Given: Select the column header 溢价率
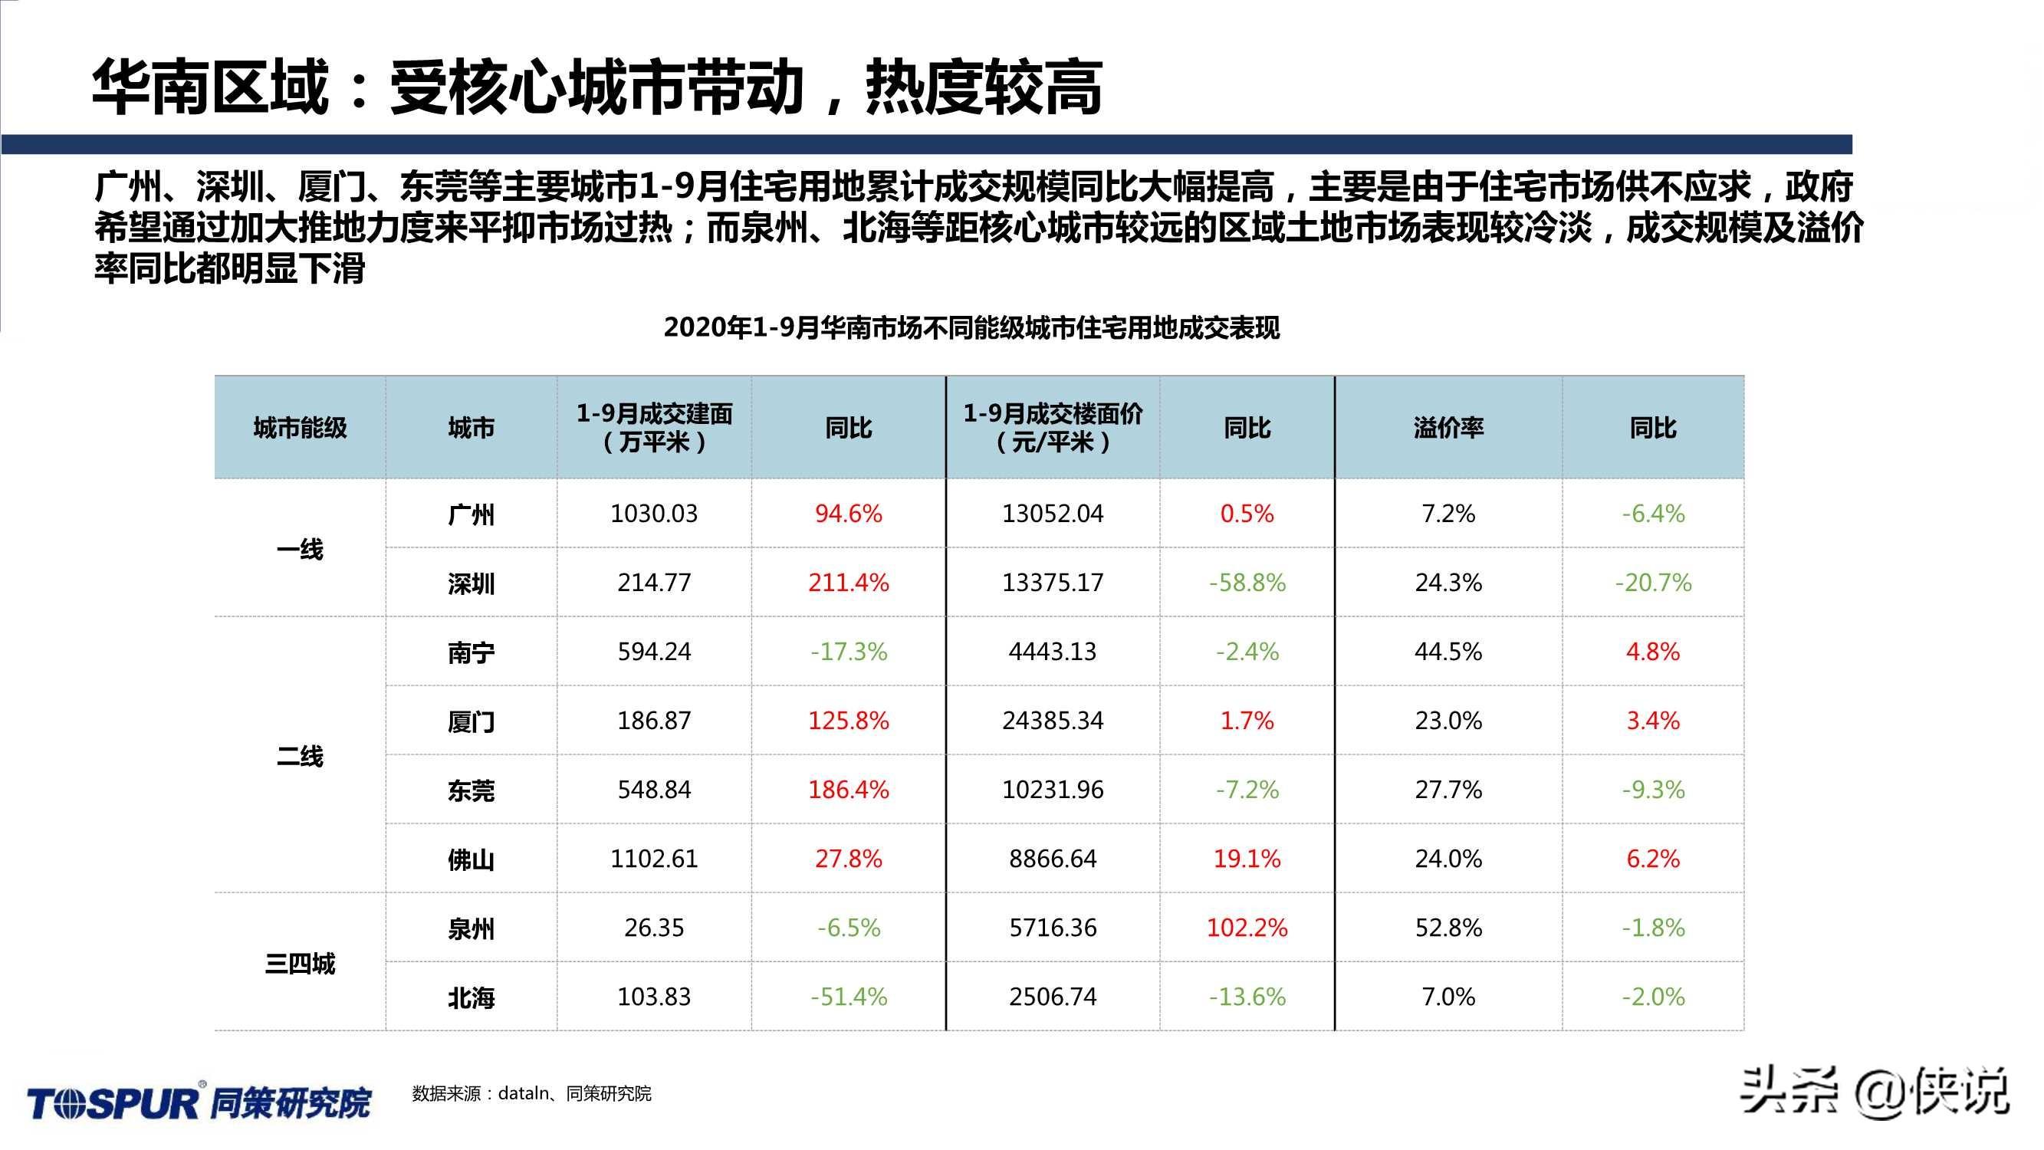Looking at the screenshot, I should point(1448,429).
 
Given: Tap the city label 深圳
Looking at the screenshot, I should point(471,584).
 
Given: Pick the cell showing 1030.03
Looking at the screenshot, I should point(654,514).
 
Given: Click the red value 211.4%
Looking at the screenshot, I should point(848,583).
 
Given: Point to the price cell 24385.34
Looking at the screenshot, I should point(1052,721).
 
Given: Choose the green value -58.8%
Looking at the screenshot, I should point(1247,583).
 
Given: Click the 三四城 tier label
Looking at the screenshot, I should point(300,964).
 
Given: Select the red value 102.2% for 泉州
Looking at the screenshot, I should point(1247,928).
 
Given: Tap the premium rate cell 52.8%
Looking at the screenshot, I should point(1448,928).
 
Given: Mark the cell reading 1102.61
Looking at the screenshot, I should point(654,859).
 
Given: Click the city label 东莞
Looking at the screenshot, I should point(471,790).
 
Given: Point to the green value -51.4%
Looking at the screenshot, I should point(848,997).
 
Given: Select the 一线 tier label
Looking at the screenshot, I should point(300,549).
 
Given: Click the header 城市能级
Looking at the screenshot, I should point(300,429).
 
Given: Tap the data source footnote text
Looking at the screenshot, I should point(531,1094).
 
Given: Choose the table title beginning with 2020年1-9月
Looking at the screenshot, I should point(971,328).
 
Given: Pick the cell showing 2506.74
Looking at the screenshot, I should point(1052,997).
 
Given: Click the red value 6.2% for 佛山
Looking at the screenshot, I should point(1653,859).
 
